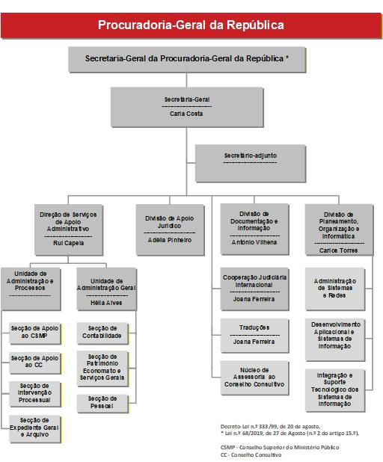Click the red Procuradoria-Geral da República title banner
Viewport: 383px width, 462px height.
coord(191,25)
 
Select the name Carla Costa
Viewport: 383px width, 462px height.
coord(186,114)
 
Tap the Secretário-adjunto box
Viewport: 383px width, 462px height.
coord(251,163)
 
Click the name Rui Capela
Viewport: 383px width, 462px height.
coord(68,243)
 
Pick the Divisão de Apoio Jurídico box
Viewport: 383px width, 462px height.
coord(170,230)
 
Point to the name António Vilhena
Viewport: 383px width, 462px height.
coord(254,242)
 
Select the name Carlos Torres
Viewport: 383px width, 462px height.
coord(338,250)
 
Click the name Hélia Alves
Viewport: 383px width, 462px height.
coord(106,303)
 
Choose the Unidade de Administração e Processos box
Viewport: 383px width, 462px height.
coord(31,289)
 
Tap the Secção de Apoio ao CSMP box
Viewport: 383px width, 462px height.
coord(35,333)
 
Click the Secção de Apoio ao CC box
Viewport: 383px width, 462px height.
coord(35,363)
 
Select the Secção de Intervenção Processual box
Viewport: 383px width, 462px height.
coord(35,394)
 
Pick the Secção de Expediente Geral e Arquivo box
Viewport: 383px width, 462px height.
coord(35,429)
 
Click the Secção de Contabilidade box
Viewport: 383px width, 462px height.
coord(102,333)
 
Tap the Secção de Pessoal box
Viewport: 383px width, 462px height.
coord(102,404)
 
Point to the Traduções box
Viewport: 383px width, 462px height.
coord(254,336)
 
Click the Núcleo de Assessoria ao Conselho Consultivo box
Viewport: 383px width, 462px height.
coord(254,378)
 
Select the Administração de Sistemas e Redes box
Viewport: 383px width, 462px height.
coord(335,289)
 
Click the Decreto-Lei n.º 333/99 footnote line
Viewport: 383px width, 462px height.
coord(270,426)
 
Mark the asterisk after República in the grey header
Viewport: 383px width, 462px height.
coord(287,58)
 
